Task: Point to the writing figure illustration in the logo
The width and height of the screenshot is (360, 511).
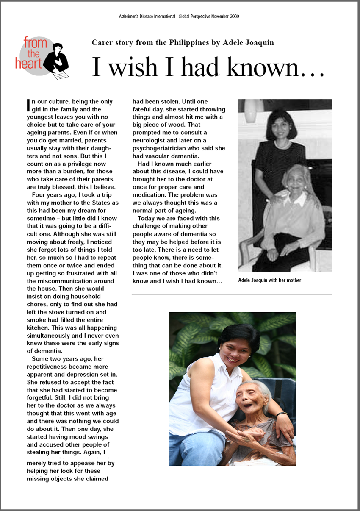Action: tap(57, 61)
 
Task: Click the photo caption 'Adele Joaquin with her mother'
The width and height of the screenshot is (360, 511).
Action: tap(270, 280)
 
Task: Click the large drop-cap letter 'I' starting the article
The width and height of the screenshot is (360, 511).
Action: tap(28, 104)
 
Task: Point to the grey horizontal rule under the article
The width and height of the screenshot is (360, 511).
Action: tap(232, 294)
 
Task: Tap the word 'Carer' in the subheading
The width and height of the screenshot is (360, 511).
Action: tap(102, 42)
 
